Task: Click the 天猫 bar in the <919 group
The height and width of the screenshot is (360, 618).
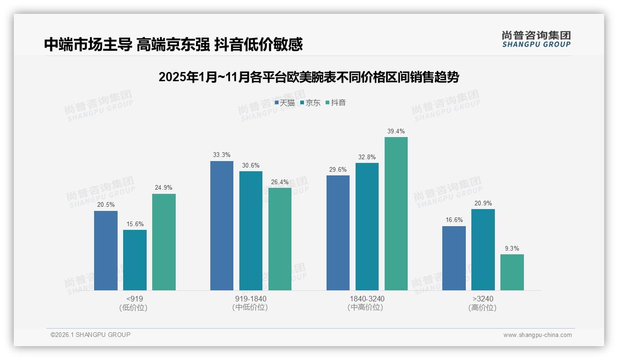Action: pyautogui.click(x=106, y=251)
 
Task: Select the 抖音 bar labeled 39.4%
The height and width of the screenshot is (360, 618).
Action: pyautogui.click(x=396, y=214)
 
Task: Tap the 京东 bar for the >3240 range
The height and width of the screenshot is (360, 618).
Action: pyautogui.click(x=483, y=250)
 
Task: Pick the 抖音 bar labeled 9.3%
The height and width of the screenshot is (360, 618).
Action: pyautogui.click(x=512, y=272)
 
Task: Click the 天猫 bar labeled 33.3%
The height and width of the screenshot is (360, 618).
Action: pyautogui.click(x=222, y=226)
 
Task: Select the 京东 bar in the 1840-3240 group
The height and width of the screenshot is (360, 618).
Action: pyautogui.click(x=367, y=227)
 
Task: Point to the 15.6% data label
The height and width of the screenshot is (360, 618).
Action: pyautogui.click(x=135, y=224)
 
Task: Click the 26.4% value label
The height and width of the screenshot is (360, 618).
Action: pyautogui.click(x=280, y=182)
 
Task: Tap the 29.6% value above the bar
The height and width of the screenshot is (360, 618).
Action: pyautogui.click(x=338, y=169)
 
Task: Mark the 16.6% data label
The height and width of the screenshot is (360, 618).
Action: pyautogui.click(x=454, y=220)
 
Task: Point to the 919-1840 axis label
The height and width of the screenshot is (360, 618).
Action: pyautogui.click(x=250, y=299)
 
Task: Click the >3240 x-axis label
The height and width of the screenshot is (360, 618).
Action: pyautogui.click(x=483, y=299)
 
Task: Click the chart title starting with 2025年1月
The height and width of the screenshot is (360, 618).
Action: pyautogui.click(x=309, y=77)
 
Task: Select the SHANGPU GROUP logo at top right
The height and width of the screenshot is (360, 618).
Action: pyautogui.click(x=536, y=39)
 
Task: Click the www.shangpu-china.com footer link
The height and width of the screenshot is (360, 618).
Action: pyautogui.click(x=537, y=335)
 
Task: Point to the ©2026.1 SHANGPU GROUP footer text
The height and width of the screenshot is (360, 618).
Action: pyautogui.click(x=90, y=335)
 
